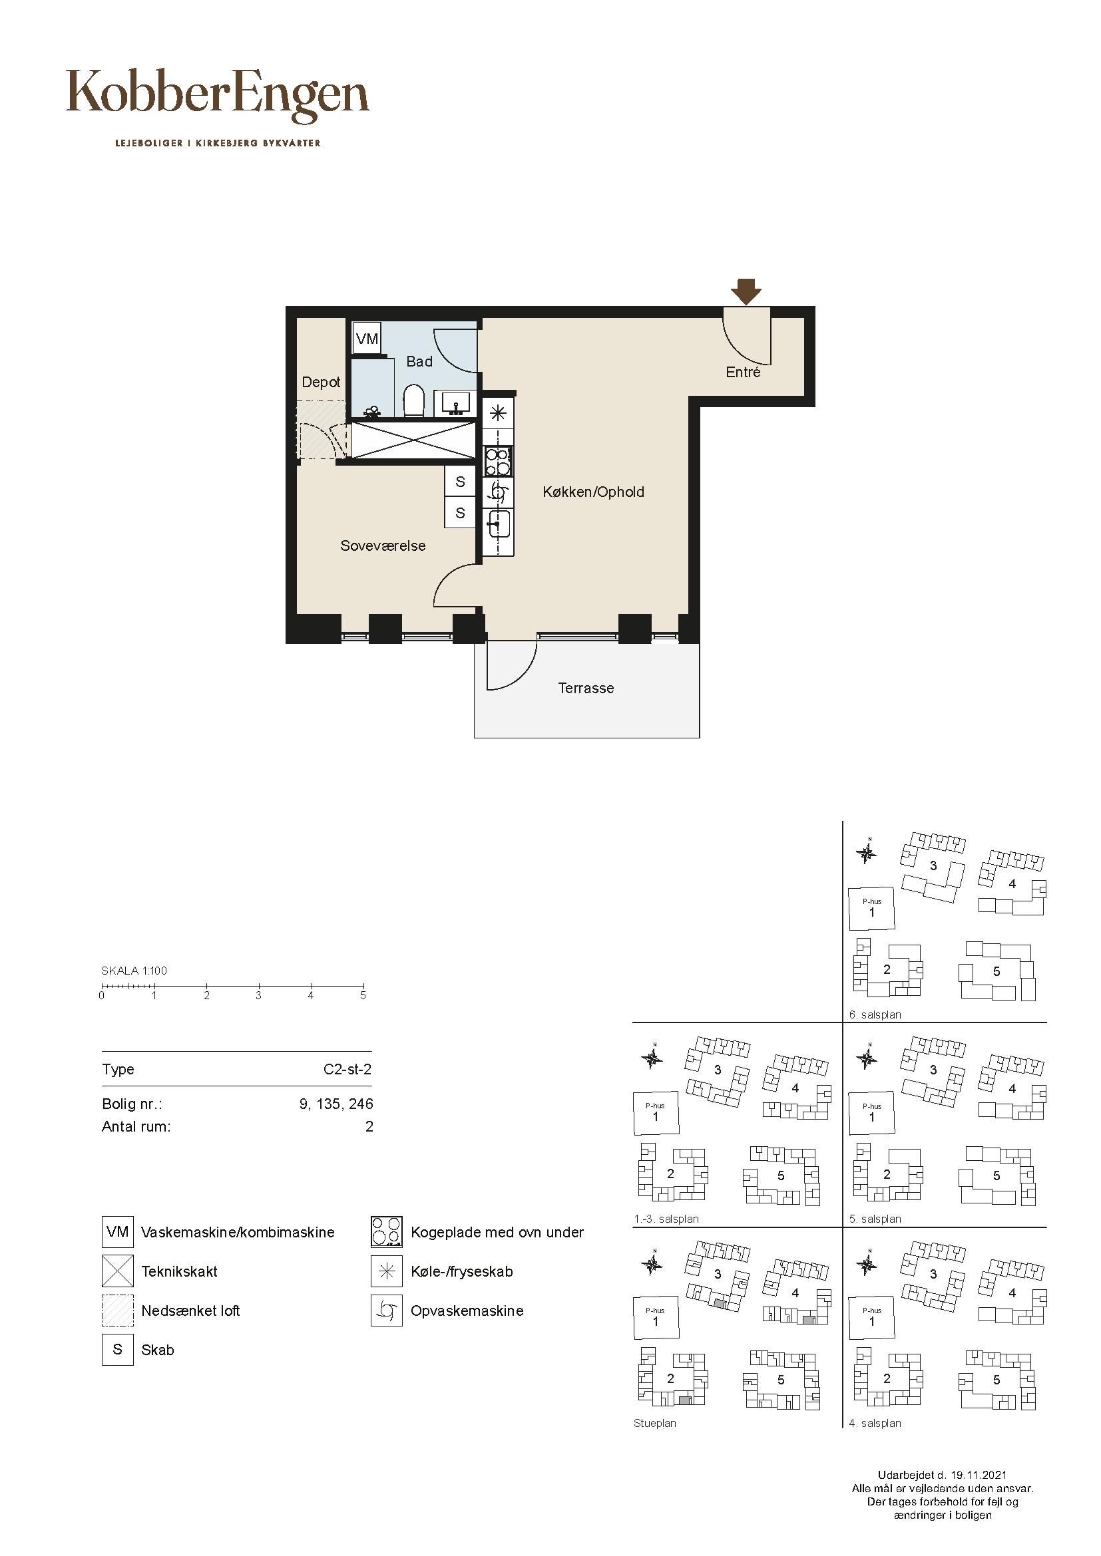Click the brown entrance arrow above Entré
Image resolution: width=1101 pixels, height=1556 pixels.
pyautogui.click(x=746, y=291)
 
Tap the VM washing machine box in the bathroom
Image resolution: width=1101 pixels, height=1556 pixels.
pyautogui.click(x=367, y=338)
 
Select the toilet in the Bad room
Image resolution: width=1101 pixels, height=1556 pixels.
pyautogui.click(x=413, y=401)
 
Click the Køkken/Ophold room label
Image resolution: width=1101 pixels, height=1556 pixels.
pyautogui.click(x=593, y=492)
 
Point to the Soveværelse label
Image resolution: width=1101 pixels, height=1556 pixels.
pyautogui.click(x=383, y=545)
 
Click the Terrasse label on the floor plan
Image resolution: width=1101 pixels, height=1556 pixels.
pyautogui.click(x=586, y=688)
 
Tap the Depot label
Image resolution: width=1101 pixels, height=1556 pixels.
pyautogui.click(x=321, y=383)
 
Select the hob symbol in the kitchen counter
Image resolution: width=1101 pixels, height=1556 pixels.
pyautogui.click(x=499, y=462)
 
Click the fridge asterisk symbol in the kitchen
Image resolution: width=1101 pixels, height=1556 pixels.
pyautogui.click(x=499, y=412)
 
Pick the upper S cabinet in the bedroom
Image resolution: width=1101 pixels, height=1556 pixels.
pyautogui.click(x=460, y=481)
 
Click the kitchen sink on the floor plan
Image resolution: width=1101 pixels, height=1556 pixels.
pyautogui.click(x=499, y=523)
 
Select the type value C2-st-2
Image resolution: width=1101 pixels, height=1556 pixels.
pyautogui.click(x=347, y=1070)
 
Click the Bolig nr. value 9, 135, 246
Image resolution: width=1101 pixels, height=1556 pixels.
pyautogui.click(x=336, y=1104)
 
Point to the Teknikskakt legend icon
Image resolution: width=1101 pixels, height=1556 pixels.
pyautogui.click(x=118, y=1271)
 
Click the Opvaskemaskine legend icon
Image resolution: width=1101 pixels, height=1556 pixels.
pyautogui.click(x=387, y=1310)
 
